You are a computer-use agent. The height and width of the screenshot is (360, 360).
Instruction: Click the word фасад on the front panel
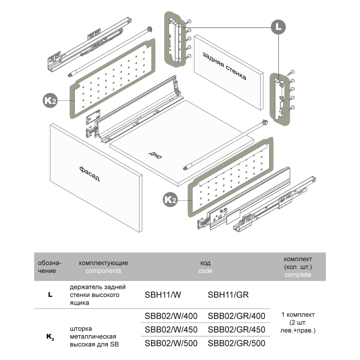tap(90, 173)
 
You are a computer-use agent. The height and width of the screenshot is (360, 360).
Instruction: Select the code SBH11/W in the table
tap(163, 295)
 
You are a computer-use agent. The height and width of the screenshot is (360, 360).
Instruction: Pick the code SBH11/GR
tap(229, 295)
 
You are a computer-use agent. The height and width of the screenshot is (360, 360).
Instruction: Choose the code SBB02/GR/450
tap(237, 329)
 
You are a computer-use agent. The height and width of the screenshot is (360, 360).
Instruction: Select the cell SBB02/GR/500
tap(237, 343)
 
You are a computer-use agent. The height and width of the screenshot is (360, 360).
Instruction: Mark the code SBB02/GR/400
tap(237, 316)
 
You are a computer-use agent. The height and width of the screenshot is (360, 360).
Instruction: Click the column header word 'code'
tap(205, 271)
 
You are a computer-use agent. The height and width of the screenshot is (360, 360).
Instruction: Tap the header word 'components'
tap(103, 271)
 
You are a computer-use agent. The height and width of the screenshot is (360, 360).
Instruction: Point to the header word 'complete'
tap(298, 275)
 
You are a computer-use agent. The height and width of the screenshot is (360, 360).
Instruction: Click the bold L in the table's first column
tap(50, 295)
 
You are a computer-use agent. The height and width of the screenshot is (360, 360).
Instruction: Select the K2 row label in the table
tap(50, 337)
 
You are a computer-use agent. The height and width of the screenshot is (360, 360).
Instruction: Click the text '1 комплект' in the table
tap(298, 315)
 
